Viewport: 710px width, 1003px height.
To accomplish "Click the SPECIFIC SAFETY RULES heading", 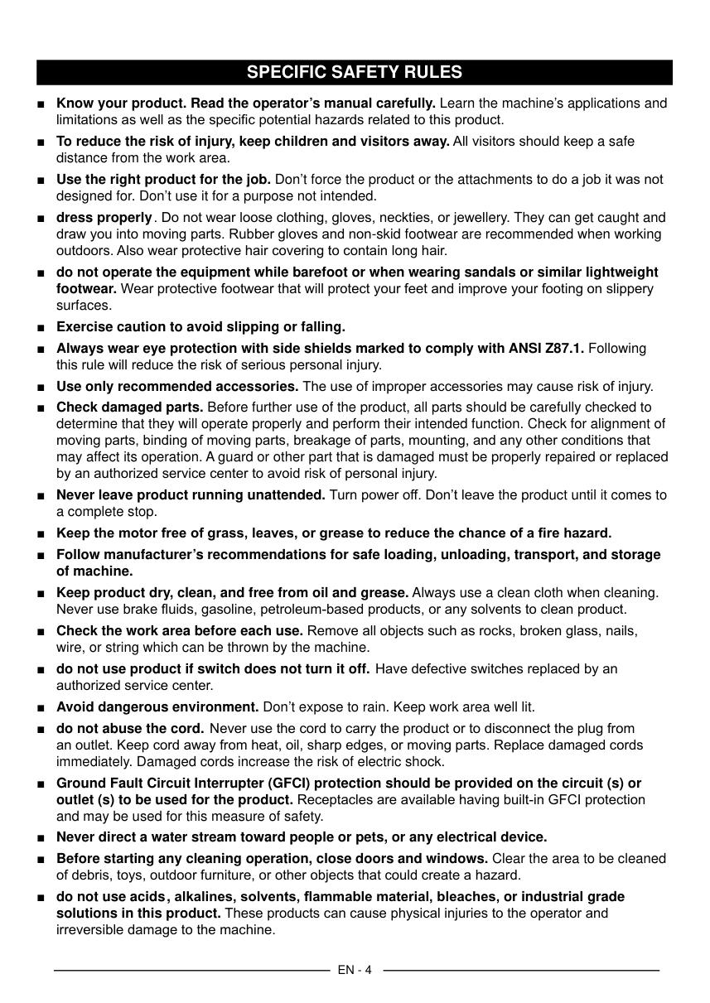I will click(355, 72).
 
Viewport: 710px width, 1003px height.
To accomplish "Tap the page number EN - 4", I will click(355, 970).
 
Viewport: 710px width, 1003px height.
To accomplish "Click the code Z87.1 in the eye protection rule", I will click(564, 348).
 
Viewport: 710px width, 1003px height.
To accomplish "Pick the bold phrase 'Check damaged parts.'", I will click(129, 407).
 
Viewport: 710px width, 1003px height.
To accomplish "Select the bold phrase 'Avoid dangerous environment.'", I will click(157, 707).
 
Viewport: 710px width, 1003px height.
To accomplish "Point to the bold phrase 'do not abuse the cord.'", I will click(130, 729).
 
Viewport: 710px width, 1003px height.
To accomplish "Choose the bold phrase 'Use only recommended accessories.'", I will click(177, 386).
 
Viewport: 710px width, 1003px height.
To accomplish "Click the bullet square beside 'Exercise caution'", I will click(41, 327).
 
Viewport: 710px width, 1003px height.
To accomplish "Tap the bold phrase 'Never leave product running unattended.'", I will click(191, 495).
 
